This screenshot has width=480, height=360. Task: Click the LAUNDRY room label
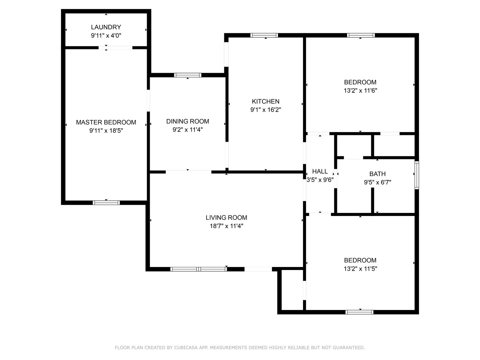(106, 27)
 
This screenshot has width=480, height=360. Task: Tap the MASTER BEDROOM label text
(106, 122)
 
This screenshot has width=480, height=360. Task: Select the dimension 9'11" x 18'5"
(106, 130)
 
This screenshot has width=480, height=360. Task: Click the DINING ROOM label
(188, 121)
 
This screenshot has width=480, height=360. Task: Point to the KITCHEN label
(266, 101)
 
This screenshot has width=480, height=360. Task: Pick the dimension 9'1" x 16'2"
(266, 110)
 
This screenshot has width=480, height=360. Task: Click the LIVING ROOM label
(226, 217)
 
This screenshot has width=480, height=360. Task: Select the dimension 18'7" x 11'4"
(226, 226)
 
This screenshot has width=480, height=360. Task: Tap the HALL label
(320, 171)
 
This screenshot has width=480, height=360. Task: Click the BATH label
(377, 174)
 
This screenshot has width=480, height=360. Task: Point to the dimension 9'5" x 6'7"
(377, 182)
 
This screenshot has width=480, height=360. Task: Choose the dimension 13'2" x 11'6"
(360, 90)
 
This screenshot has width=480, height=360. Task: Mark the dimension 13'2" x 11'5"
(360, 268)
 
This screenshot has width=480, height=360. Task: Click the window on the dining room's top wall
(188, 75)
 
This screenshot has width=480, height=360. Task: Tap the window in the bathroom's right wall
(417, 175)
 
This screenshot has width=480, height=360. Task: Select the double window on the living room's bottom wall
(199, 269)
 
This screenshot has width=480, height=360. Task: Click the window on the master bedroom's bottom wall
(106, 203)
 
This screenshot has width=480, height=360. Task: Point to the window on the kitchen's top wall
(264, 35)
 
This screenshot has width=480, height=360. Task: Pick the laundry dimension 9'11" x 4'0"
(106, 35)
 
